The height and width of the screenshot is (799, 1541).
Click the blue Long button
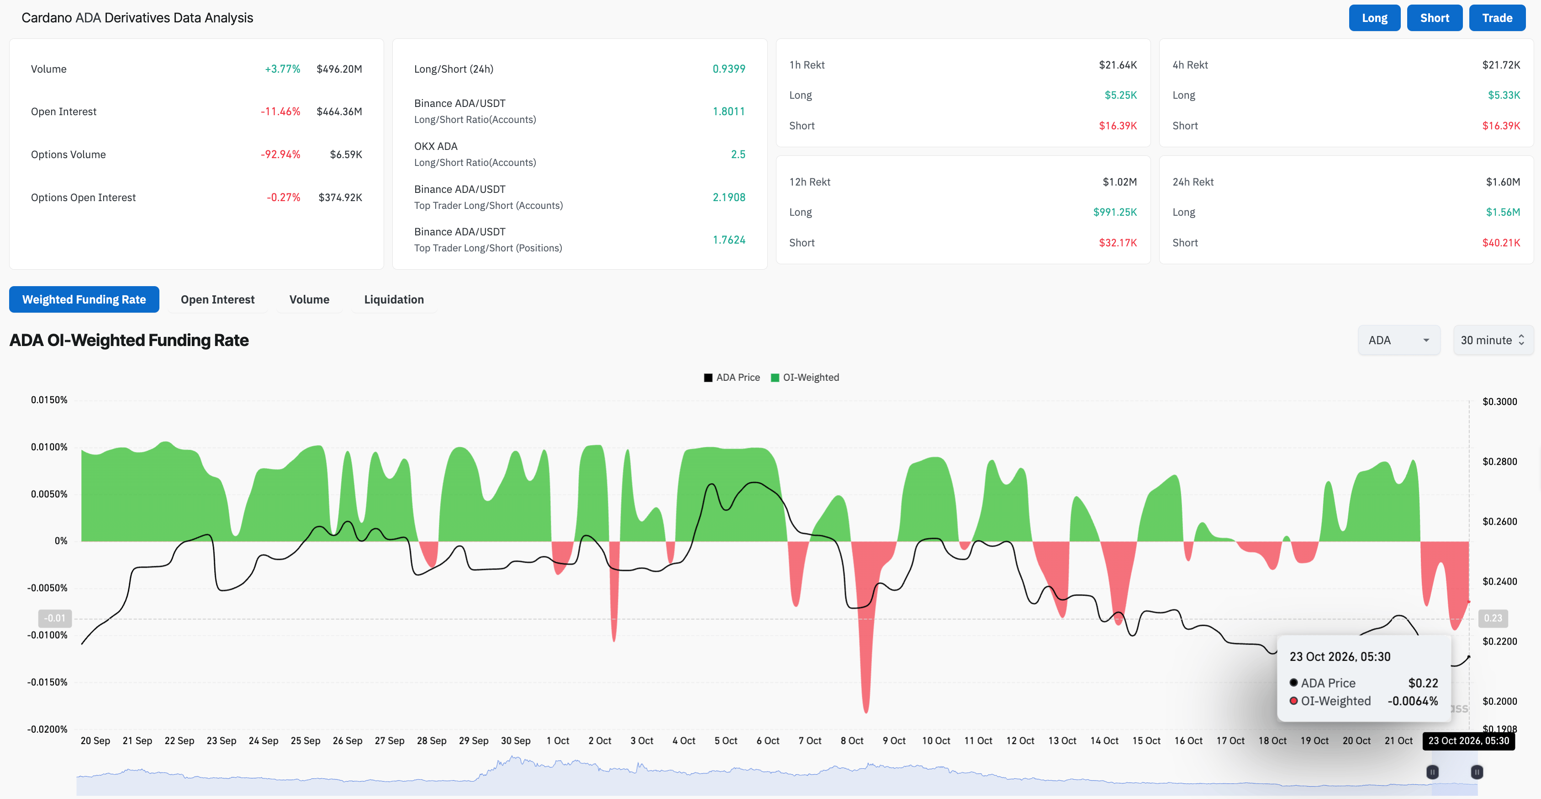(1374, 18)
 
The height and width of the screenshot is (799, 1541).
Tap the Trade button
(1497, 18)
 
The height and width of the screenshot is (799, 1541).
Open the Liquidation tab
(394, 299)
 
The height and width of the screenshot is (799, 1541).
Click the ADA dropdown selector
(1399, 340)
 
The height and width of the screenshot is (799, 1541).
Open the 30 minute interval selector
(1493, 340)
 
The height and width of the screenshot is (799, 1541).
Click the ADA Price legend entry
(732, 378)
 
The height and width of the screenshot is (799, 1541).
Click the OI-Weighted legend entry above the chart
(805, 378)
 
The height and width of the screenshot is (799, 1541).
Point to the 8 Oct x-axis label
(852, 740)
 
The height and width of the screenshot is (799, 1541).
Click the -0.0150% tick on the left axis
(47, 682)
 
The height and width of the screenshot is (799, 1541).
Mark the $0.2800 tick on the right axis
(1500, 462)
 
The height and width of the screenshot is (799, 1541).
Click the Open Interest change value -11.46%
(280, 112)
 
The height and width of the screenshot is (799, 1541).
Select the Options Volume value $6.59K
(346, 154)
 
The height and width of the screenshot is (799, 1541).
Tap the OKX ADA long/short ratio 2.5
(738, 154)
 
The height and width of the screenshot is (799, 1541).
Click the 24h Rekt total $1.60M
(1503, 182)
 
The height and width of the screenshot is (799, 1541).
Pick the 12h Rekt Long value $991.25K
(1115, 212)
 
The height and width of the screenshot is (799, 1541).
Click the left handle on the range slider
(1432, 772)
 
